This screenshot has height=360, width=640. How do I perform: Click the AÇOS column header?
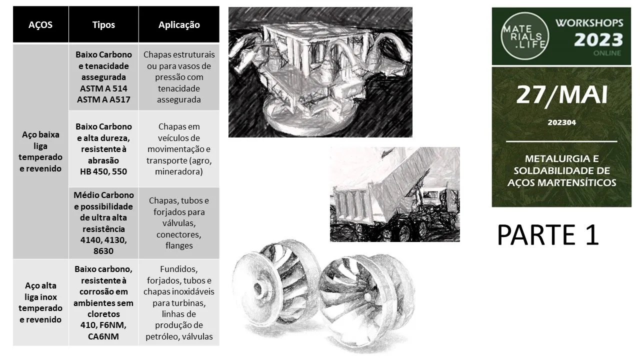pyautogui.click(x=40, y=25)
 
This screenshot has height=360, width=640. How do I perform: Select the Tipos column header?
pyautogui.click(x=103, y=25)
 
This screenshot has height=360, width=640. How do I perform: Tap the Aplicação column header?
pyautogui.click(x=179, y=25)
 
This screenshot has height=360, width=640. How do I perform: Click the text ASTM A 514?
pyautogui.click(x=103, y=88)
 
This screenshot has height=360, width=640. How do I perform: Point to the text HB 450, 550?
pyautogui.click(x=103, y=171)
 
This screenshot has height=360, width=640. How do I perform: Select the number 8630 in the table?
pyautogui.click(x=103, y=251)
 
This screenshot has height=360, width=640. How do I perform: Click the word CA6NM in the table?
pyautogui.click(x=103, y=336)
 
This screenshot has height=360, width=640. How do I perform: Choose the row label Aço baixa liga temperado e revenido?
pyautogui.click(x=40, y=151)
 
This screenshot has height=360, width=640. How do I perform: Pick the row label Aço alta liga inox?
pyautogui.click(x=40, y=291)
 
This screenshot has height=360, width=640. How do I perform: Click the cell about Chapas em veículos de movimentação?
pyautogui.click(x=179, y=149)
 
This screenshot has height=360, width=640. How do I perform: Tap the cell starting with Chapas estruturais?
pyautogui.click(x=179, y=77)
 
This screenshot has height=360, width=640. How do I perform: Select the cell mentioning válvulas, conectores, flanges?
pyautogui.click(x=179, y=223)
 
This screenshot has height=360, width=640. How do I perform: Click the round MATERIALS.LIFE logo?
pyautogui.click(x=525, y=36)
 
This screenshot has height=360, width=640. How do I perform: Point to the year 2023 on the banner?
pyautogui.click(x=598, y=39)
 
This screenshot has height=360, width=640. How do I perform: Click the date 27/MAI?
pyautogui.click(x=561, y=95)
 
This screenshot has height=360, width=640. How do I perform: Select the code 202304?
pyautogui.click(x=561, y=122)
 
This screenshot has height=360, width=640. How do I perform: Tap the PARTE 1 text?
pyautogui.click(x=548, y=235)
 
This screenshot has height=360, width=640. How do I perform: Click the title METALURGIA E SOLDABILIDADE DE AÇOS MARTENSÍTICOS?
pyautogui.click(x=561, y=170)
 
